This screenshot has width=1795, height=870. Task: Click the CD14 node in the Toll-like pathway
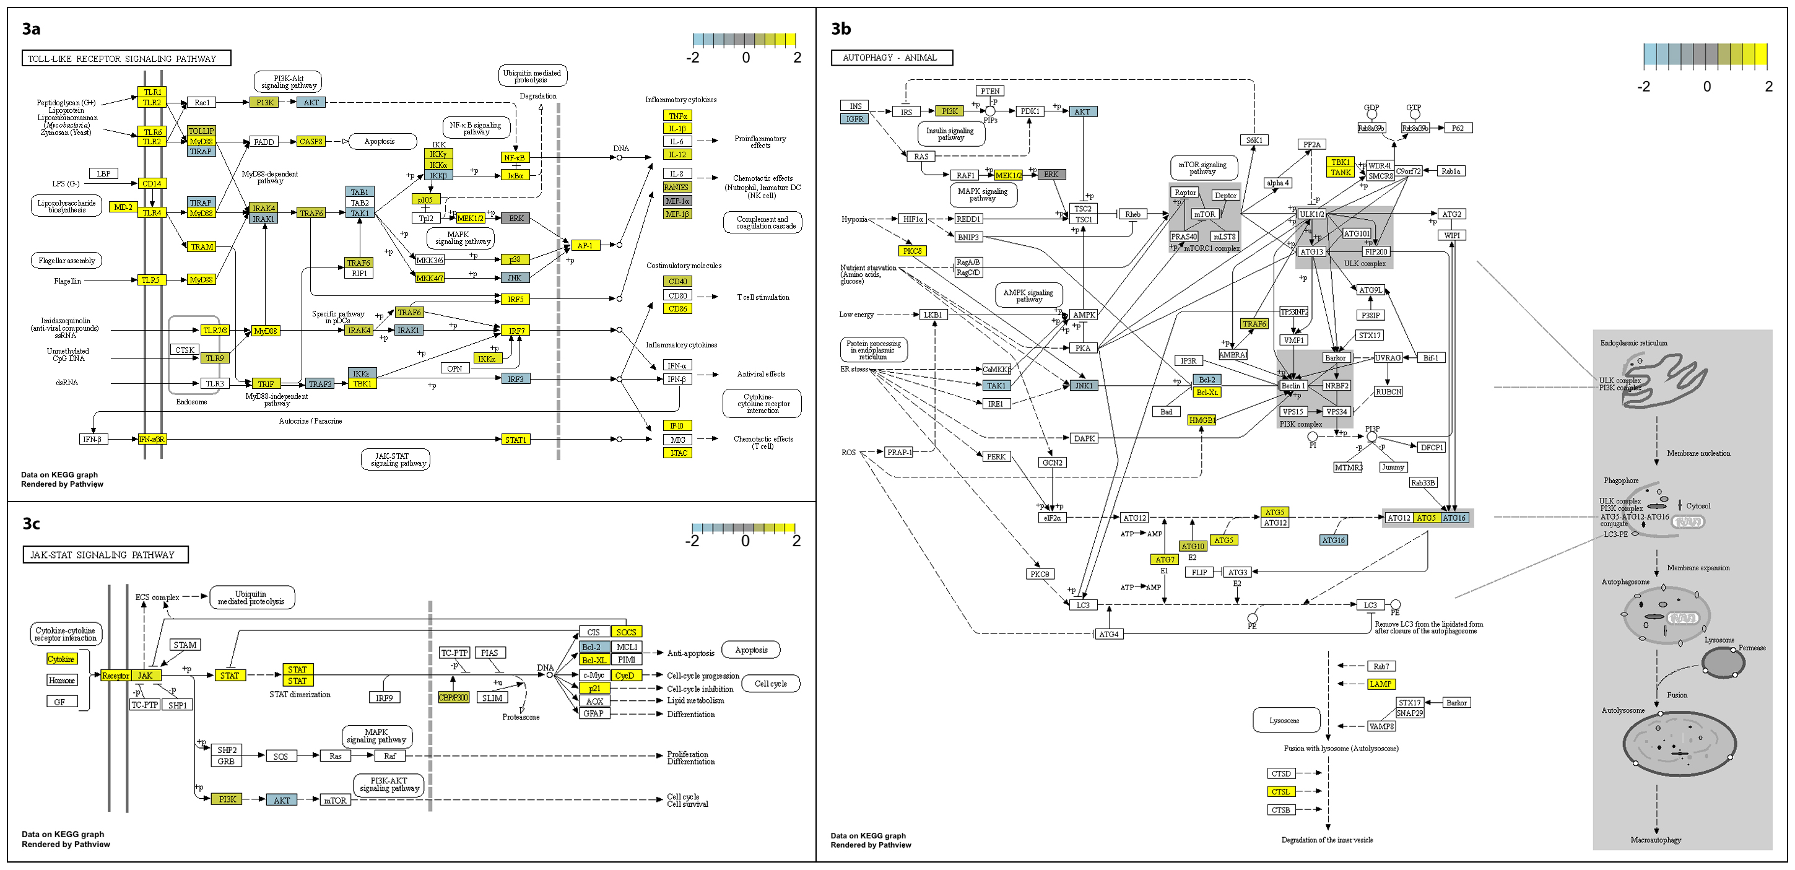tap(151, 184)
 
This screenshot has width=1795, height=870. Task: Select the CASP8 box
tap(311, 142)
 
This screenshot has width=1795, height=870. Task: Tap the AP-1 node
tap(585, 245)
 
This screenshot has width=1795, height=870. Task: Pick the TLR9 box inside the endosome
tap(215, 359)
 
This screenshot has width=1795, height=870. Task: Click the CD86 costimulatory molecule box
tap(677, 309)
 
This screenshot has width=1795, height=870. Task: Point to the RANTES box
tap(677, 187)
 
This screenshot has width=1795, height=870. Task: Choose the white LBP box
tap(103, 173)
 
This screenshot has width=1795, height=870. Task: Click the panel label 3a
tap(32, 28)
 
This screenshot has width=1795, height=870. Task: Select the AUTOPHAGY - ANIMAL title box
tap(890, 58)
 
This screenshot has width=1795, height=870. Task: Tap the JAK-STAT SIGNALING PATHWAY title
tap(105, 555)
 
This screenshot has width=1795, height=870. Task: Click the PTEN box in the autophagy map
tap(989, 91)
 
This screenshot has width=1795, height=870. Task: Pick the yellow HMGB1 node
tap(1201, 420)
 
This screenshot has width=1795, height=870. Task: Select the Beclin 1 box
tap(1291, 386)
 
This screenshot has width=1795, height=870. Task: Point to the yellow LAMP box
tap(1380, 684)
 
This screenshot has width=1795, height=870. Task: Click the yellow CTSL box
tap(1280, 792)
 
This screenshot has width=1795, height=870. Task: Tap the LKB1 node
tap(932, 315)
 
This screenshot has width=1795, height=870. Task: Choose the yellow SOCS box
tap(626, 632)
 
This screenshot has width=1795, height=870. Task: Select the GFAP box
tap(593, 714)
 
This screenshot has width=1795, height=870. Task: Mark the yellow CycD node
tap(625, 676)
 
